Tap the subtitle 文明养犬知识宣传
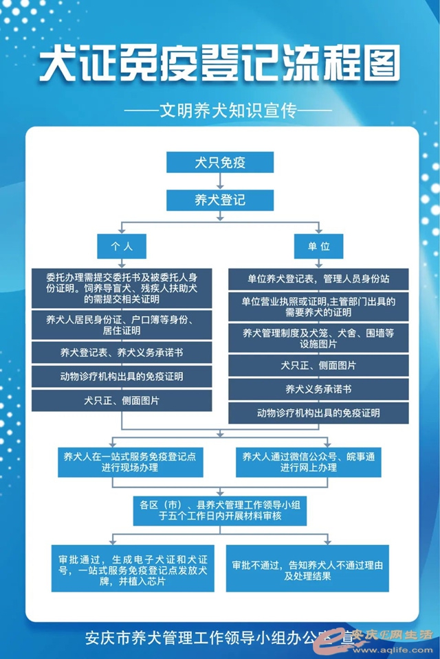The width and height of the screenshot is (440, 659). [x=221, y=109]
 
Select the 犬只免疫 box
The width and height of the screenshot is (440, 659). [x=220, y=163]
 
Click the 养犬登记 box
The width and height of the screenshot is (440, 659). [x=220, y=200]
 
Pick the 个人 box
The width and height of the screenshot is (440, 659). [x=122, y=246]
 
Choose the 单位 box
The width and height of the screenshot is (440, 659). [x=318, y=246]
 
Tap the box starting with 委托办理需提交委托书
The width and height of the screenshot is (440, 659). [x=122, y=289]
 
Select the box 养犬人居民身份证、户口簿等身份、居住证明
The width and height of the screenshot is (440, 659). [x=122, y=325]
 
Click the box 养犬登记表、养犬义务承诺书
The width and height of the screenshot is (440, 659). [x=122, y=353]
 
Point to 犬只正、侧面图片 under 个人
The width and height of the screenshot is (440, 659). [x=122, y=400]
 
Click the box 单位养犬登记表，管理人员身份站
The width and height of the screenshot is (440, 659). [x=318, y=279]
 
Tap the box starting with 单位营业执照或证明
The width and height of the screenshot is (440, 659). [x=318, y=307]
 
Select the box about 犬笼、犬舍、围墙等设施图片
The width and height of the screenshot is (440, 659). [x=318, y=338]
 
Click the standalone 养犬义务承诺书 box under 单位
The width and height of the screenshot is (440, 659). [x=318, y=389]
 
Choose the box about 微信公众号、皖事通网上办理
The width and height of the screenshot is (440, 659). [x=318, y=462]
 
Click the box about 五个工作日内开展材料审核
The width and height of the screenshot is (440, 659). [x=220, y=511]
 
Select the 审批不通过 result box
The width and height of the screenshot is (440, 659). [x=307, y=568]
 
